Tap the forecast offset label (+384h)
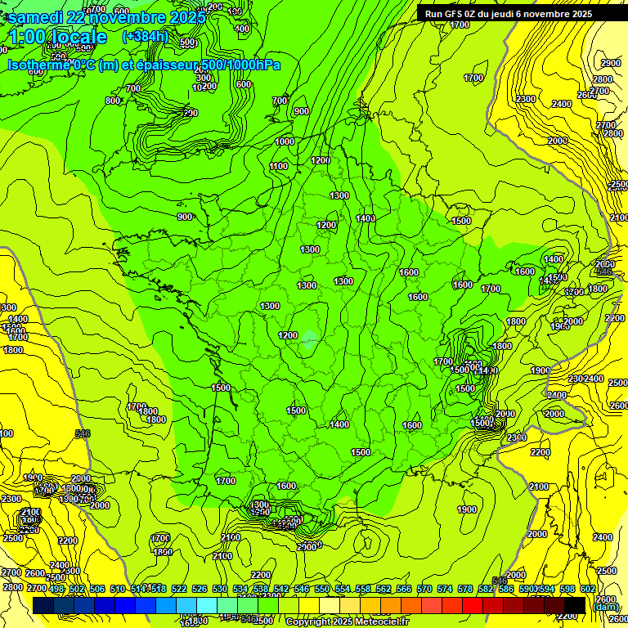145,37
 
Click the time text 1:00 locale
57,38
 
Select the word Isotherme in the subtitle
37,65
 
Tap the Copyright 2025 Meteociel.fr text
347,621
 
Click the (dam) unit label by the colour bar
605,608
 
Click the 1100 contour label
279,166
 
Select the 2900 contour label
610,64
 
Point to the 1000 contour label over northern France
285,141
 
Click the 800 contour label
113,101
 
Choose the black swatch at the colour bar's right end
574,604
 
